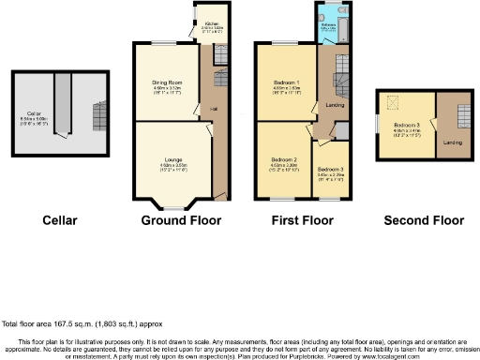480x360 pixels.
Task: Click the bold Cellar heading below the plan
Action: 59,221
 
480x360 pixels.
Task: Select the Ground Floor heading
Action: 181,221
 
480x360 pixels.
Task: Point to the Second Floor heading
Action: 424,221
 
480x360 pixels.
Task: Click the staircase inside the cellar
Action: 97,117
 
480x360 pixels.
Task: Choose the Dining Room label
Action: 167,83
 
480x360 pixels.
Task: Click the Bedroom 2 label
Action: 283,160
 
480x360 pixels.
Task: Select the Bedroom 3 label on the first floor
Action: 331,170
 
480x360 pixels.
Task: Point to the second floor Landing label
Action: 452,142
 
